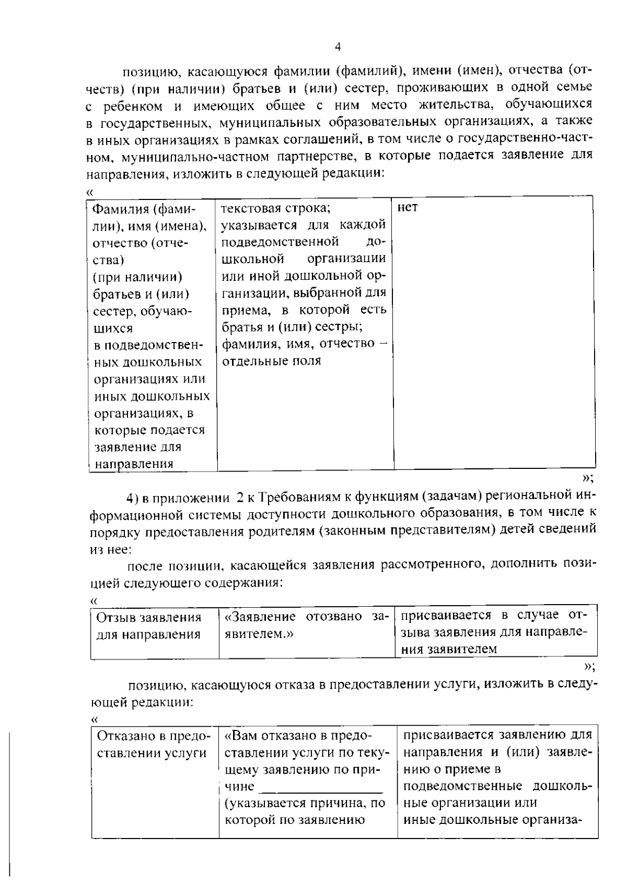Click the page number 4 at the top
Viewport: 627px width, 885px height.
pyautogui.click(x=338, y=48)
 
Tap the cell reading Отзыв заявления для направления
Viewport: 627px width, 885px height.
pyautogui.click(x=149, y=626)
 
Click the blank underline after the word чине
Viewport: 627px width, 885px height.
pyautogui.click(x=321, y=787)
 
